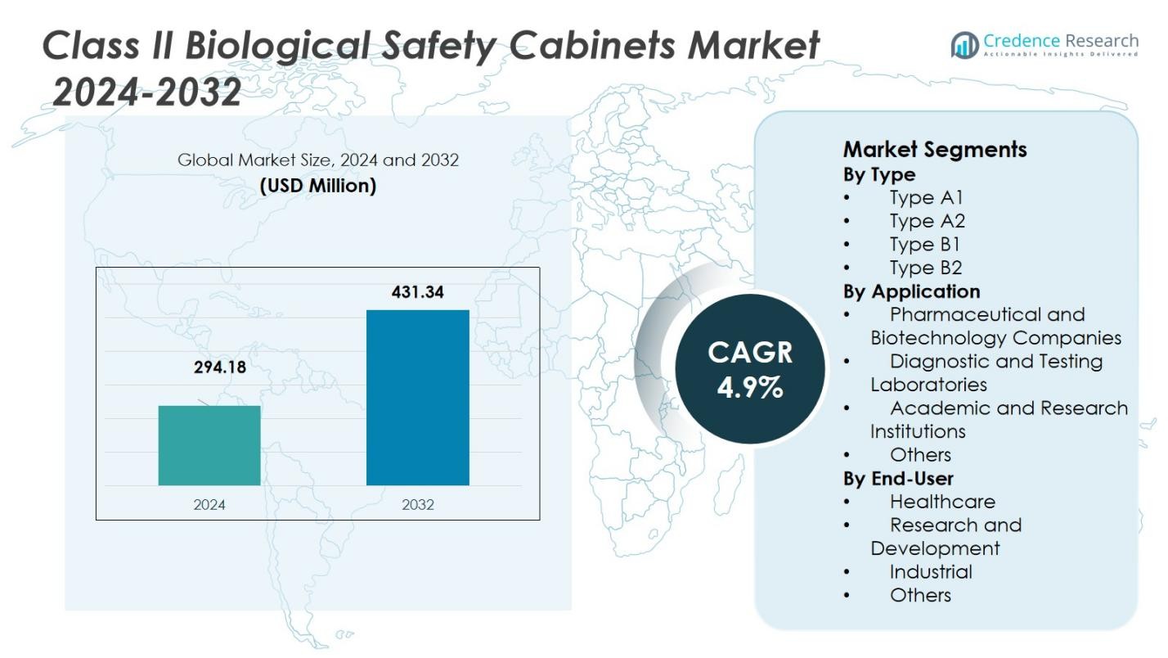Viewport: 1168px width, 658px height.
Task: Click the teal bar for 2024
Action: tap(209, 445)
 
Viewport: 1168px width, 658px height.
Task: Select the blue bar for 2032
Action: tap(417, 398)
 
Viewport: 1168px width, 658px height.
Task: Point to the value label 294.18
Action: tap(219, 367)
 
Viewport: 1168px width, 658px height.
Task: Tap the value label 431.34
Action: tap(417, 292)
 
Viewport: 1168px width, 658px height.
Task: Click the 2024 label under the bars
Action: tap(209, 505)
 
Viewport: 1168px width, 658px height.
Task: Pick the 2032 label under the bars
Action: tap(417, 505)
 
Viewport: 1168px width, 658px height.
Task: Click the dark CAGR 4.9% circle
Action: tap(749, 369)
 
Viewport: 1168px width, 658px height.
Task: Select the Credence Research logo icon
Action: tap(965, 45)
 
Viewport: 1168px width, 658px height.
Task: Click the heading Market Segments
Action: tap(934, 150)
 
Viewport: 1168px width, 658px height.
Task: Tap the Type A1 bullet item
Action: tap(926, 197)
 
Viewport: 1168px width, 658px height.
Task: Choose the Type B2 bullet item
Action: tap(926, 268)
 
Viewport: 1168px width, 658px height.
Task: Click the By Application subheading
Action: tap(911, 291)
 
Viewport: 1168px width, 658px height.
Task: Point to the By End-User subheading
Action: tap(898, 478)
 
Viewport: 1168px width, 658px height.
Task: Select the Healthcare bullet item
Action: tap(942, 502)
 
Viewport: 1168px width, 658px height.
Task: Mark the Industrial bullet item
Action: tap(931, 572)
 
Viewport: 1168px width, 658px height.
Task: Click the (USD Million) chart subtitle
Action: tap(317, 186)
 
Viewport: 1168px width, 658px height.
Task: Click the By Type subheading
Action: tap(878, 174)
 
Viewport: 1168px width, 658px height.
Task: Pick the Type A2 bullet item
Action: tap(927, 221)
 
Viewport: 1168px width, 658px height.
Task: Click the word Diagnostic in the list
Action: tap(940, 362)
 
